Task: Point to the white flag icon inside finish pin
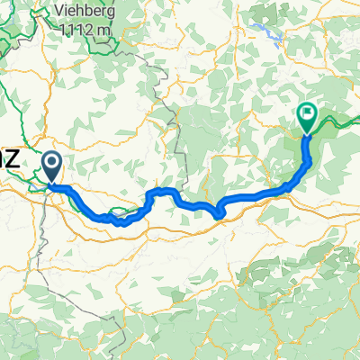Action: [x=307, y=113]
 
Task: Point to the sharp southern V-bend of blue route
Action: [x=220, y=213]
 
